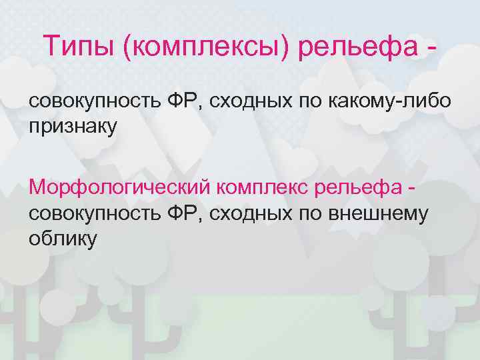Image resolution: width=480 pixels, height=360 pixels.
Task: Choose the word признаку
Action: tap(72, 126)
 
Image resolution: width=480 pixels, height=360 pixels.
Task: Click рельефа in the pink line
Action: tap(358, 187)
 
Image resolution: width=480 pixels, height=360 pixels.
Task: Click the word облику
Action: tap(63, 239)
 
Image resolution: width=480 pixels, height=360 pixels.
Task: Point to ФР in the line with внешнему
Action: tap(185, 213)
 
